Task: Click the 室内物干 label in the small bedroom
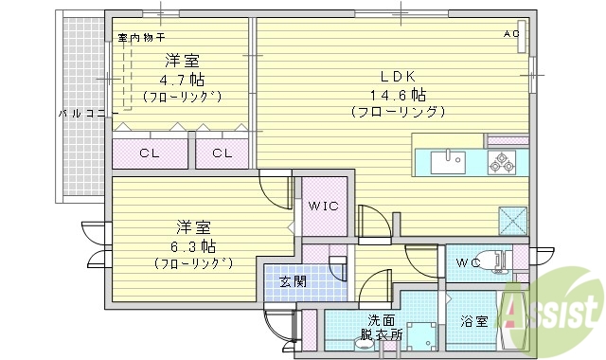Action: click(141, 38)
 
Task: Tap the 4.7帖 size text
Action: click(183, 80)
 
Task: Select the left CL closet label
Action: click(149, 153)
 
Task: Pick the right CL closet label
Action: click(222, 153)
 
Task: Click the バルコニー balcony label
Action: click(87, 113)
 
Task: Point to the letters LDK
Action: click(398, 76)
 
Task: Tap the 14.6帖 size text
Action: click(398, 95)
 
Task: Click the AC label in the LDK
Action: click(511, 35)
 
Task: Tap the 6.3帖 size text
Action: click(193, 246)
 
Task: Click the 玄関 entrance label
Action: click(291, 281)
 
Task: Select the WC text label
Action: click(470, 262)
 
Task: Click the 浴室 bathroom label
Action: click(473, 322)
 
